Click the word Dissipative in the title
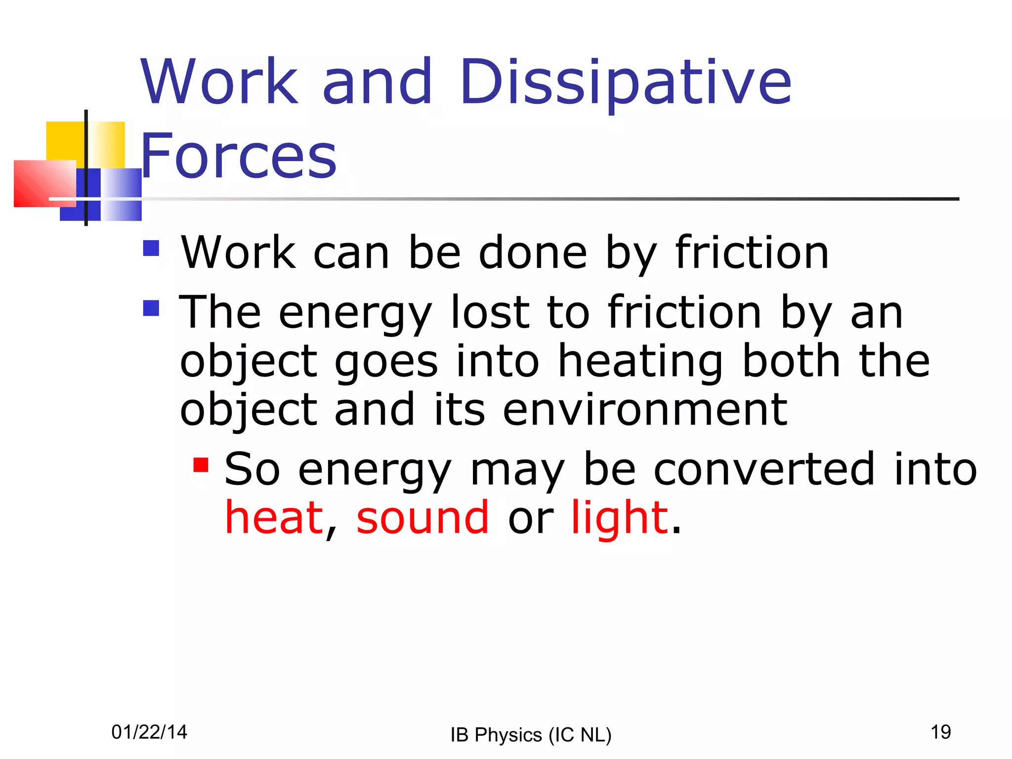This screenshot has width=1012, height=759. click(x=625, y=83)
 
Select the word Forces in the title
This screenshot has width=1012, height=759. click(x=239, y=156)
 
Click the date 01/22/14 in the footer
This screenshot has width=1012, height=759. click(x=149, y=732)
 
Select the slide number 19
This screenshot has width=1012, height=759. click(x=940, y=732)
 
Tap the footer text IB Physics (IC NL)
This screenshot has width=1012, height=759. click(x=531, y=735)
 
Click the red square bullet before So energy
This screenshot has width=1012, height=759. click(x=201, y=465)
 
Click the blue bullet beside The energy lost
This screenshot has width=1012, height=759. click(x=151, y=308)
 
